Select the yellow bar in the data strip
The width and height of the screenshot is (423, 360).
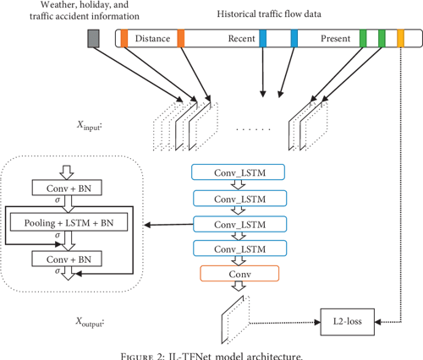(x=400, y=38)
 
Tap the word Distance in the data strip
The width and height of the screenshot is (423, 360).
(x=151, y=39)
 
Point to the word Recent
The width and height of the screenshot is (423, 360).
(x=242, y=39)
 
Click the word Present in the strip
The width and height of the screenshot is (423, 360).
(x=336, y=39)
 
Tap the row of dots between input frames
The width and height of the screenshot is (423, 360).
(x=252, y=130)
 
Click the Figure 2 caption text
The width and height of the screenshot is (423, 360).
(x=211, y=353)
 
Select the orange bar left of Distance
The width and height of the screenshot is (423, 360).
(x=124, y=38)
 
